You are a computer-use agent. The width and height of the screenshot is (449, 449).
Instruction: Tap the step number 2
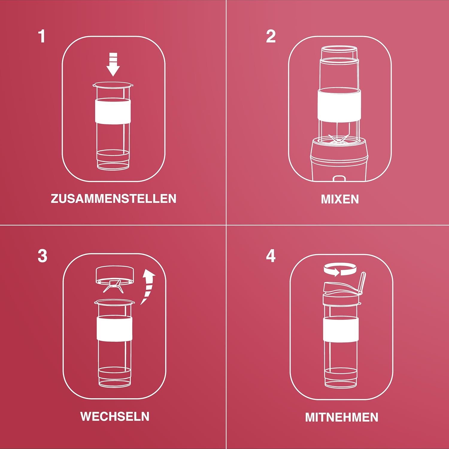[x=271, y=36]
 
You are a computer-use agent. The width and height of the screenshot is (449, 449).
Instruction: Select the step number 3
[x=43, y=256]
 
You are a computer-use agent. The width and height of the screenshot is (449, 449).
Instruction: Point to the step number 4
[x=271, y=256]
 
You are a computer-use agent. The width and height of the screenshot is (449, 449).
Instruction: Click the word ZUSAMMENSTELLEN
[x=113, y=199]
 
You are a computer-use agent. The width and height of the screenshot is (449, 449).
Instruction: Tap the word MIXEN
[x=340, y=199]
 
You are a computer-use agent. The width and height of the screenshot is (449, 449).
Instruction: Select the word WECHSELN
[x=115, y=416]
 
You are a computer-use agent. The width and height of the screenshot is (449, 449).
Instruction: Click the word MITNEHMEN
[x=342, y=417]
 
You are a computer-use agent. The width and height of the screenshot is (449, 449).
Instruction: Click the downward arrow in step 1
[x=113, y=64]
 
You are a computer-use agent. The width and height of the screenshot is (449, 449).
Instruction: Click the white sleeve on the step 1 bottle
[x=113, y=111]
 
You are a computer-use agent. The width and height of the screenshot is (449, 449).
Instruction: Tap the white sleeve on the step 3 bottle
[x=115, y=328]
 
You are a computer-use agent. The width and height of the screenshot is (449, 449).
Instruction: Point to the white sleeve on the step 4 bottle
[x=341, y=329]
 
